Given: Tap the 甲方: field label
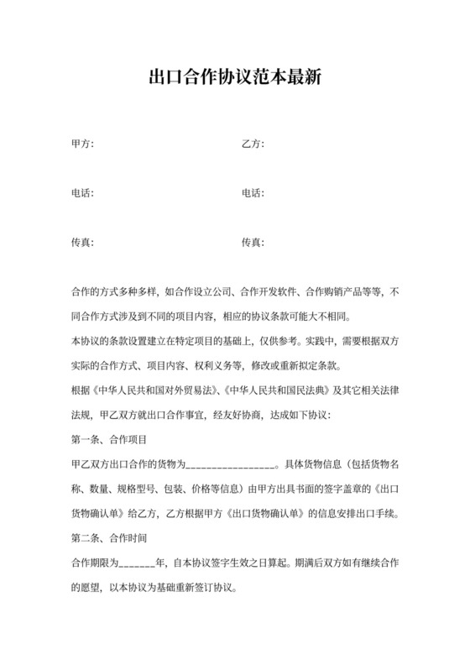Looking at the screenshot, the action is coord(82,144).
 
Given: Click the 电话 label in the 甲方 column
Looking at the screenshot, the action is coord(82,194).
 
